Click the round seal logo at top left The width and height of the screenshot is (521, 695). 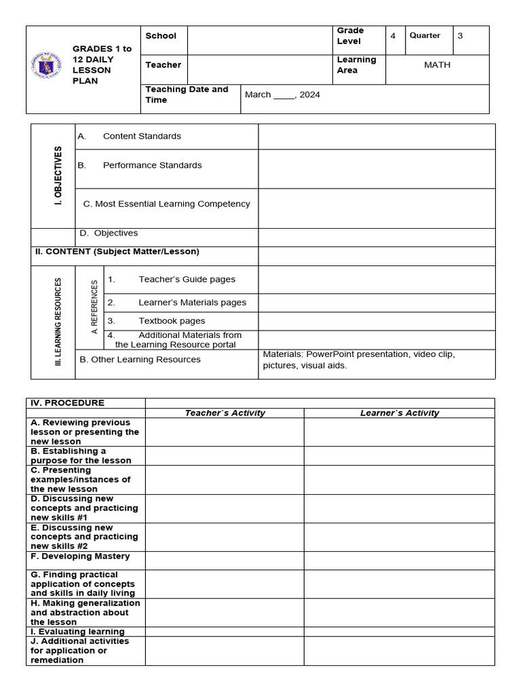click(46, 66)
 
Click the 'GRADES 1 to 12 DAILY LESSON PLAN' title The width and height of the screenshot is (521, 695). click(102, 65)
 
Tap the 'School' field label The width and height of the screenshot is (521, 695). click(161, 36)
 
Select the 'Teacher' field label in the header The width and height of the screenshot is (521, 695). click(163, 65)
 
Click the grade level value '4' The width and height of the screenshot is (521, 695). click(393, 36)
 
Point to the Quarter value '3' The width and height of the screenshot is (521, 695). click(460, 36)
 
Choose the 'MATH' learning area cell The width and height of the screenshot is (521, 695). click(437, 65)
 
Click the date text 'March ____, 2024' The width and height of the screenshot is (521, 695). click(282, 95)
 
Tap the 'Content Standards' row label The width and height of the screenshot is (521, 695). click(142, 136)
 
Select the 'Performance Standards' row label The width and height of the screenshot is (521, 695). click(152, 166)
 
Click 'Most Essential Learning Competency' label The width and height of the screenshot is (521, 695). click(166, 204)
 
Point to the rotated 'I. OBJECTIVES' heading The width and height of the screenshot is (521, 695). click(58, 176)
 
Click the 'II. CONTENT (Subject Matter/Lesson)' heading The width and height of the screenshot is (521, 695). click(117, 252)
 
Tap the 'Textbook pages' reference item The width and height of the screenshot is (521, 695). click(172, 321)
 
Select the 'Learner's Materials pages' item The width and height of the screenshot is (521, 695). click(192, 303)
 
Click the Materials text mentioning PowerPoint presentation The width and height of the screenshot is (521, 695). click(359, 360)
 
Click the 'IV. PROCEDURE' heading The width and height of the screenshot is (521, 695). click(67, 403)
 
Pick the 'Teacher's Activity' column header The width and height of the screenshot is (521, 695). click(225, 413)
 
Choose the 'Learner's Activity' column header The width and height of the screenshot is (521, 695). click(400, 413)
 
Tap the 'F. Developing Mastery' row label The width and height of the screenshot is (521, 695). click(80, 557)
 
